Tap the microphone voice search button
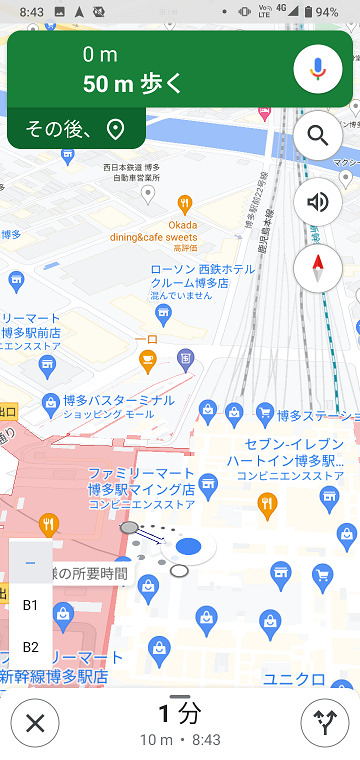(x=318, y=69)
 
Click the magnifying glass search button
(x=318, y=135)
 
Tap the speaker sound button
(x=318, y=202)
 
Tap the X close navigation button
(x=35, y=722)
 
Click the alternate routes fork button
(x=325, y=722)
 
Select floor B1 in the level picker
(x=30, y=605)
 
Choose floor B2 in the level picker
(x=30, y=647)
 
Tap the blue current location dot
(x=188, y=546)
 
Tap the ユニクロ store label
(x=294, y=679)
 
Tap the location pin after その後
(x=115, y=129)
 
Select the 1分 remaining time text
(x=180, y=713)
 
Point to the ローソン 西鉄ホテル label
(x=202, y=270)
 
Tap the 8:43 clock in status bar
(x=31, y=11)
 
